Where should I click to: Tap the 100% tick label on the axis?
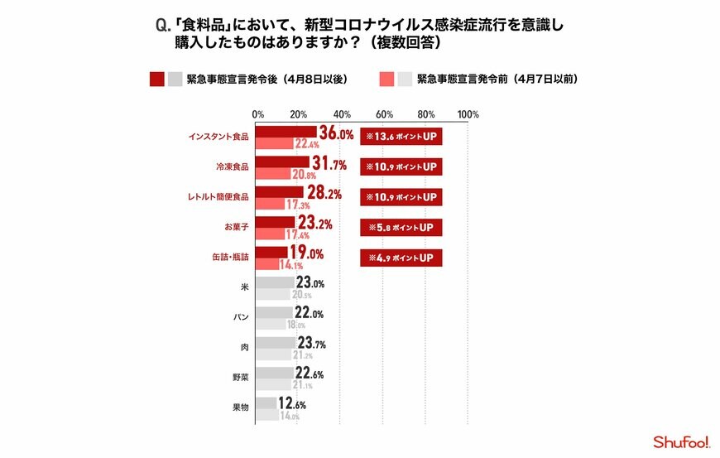[x=467, y=114]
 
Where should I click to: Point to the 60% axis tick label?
[x=384, y=114]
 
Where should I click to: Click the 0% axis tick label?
[x=258, y=114]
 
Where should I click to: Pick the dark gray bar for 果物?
[x=266, y=403]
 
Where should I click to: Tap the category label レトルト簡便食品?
[x=218, y=197]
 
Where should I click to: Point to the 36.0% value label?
[x=336, y=133]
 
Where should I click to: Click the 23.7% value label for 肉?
[x=310, y=342]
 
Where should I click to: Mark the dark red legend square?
[x=156, y=80]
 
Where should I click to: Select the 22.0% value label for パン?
[x=308, y=313]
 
